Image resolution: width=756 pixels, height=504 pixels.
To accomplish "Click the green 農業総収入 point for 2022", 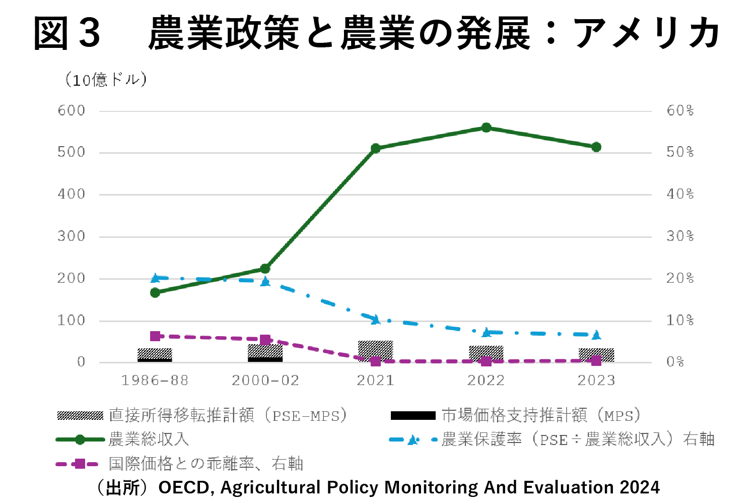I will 486,128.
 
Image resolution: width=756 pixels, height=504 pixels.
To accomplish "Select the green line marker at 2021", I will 375,148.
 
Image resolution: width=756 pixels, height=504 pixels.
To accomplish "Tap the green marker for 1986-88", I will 155,292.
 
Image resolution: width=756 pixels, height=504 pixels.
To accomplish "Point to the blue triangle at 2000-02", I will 265,281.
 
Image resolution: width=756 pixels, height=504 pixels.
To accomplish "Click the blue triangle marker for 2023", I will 596,335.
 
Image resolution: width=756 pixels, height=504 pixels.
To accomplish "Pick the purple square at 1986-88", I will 155,336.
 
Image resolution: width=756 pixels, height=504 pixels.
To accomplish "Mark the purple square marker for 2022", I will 486,361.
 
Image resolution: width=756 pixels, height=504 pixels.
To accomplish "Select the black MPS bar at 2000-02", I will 265,359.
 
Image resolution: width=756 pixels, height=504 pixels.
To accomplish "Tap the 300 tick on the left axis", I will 71,236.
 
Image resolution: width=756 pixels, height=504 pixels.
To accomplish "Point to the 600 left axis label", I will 71,110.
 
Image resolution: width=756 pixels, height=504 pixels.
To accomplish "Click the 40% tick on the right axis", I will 680,194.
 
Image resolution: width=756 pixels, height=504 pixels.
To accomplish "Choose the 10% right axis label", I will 680,320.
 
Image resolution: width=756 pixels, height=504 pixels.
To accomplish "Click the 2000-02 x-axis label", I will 265,381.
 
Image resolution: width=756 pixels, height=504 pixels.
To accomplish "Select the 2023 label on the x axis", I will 596,381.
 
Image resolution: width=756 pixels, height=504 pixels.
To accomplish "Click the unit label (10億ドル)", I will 106,80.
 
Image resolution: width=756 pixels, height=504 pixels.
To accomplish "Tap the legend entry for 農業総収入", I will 149,439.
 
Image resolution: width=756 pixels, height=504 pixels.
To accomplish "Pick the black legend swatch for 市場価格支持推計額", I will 413,416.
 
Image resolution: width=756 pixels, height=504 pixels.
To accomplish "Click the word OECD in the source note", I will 183,488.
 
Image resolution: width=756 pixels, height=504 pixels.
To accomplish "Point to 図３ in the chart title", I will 67,33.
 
